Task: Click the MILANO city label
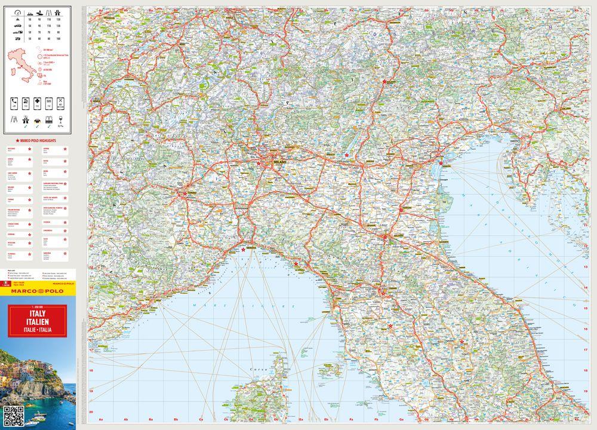point(280,162)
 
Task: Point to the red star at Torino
point(185,192)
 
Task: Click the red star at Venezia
point(441,163)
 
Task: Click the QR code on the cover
point(13,413)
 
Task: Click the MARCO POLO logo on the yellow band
point(39,291)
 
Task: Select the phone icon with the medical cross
point(38,104)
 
